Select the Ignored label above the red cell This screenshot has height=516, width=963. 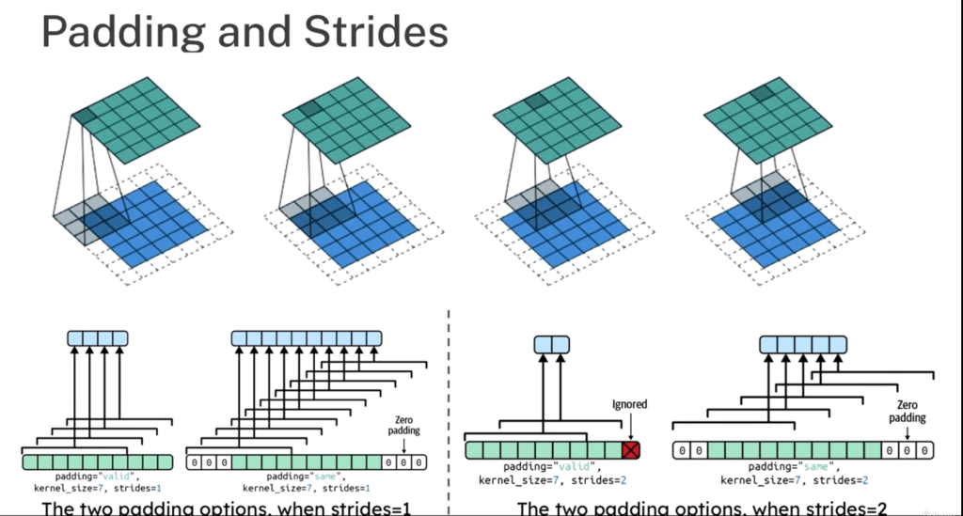[x=629, y=405]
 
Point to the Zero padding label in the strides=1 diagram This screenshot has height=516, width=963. [x=404, y=425]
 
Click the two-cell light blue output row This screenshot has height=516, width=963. [x=553, y=345]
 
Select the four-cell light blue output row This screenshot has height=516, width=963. [x=97, y=337]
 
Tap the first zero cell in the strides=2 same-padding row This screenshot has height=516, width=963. [x=682, y=451]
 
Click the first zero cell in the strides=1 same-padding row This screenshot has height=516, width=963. [x=195, y=462]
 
